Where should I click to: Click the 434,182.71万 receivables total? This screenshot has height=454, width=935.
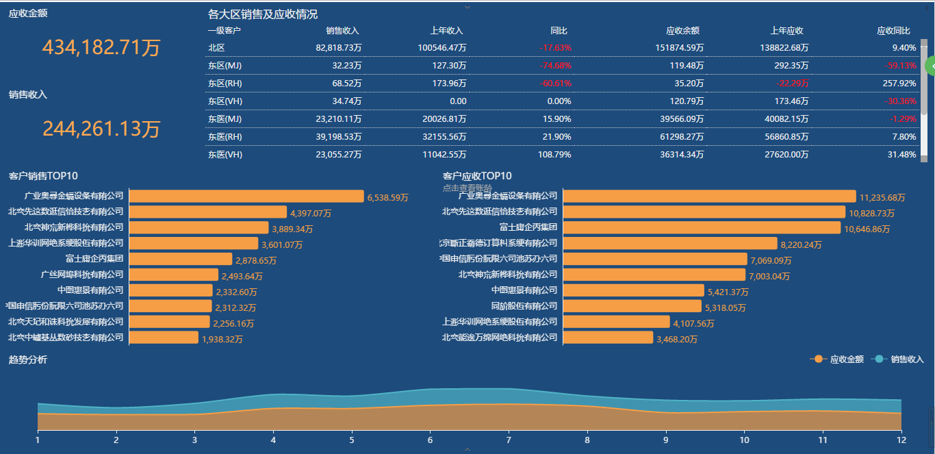tap(101, 47)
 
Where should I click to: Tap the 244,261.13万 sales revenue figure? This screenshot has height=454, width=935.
tap(101, 128)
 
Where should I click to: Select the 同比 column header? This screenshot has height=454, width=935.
tap(559, 31)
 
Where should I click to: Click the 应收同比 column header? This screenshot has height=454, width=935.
tap(893, 31)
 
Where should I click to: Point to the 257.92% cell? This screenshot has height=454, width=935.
tap(899, 84)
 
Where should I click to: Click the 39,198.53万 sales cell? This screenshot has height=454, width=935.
tap(339, 137)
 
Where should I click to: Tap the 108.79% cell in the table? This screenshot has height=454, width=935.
tap(555, 155)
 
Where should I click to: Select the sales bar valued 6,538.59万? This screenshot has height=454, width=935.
tap(246, 197)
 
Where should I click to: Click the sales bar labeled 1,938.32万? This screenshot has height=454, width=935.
tap(164, 338)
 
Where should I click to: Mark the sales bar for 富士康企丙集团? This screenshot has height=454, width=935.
tap(181, 259)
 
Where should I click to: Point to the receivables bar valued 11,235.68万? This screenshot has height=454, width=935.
tap(709, 197)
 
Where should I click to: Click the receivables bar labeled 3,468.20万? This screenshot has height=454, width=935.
tap(608, 338)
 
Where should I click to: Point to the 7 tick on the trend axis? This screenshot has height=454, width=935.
tap(509, 440)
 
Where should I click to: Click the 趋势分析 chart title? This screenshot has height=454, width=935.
tap(28, 360)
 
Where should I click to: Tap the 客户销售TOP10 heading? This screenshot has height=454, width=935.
tap(43, 176)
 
